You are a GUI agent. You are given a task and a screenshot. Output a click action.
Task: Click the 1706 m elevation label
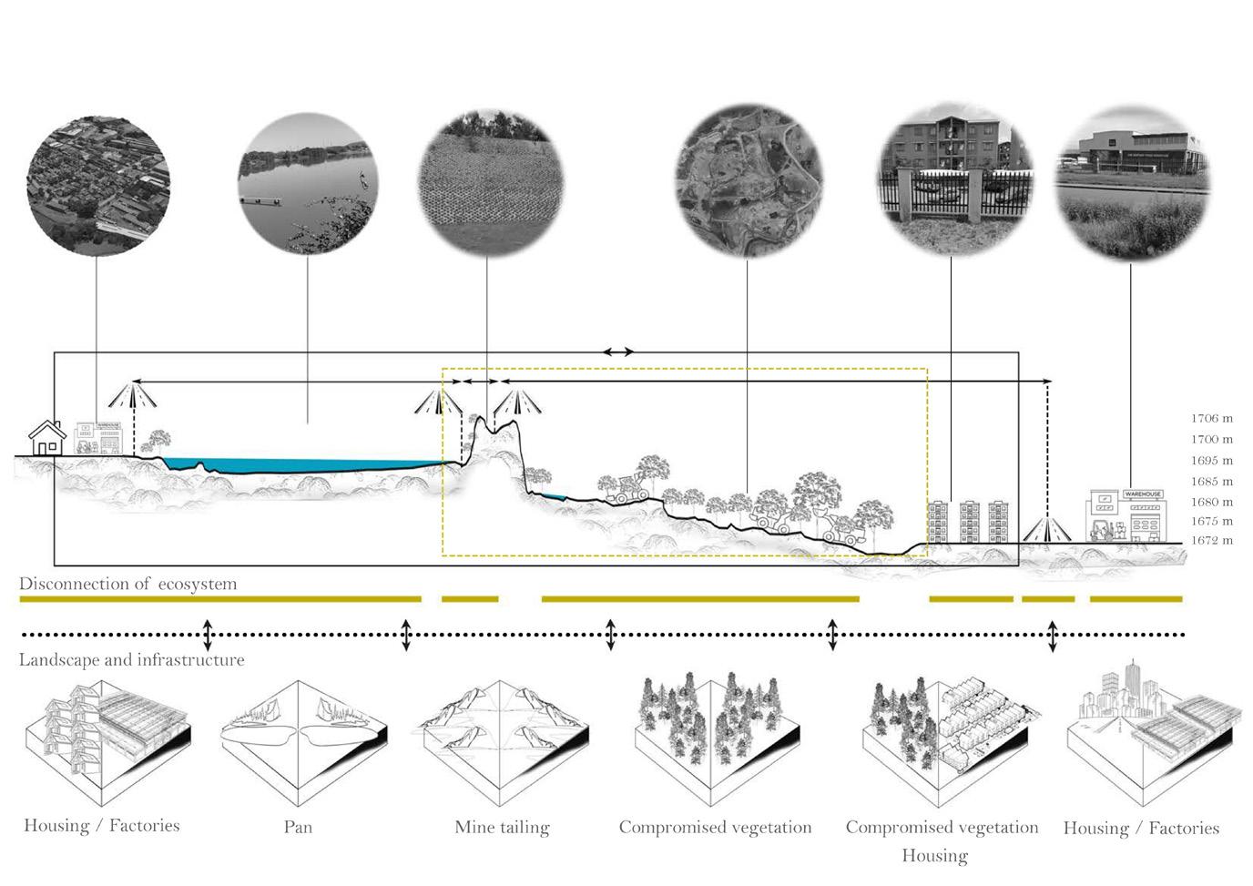pyautogui.click(x=1211, y=419)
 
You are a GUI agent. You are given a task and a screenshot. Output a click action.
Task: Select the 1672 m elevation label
pyautogui.click(x=1211, y=541)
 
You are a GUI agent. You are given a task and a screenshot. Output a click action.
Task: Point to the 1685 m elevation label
pyautogui.click(x=1211, y=482)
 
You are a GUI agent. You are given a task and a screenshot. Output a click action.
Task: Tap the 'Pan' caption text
pyautogui.click(x=298, y=827)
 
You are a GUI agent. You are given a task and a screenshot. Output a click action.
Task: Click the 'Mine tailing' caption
pyautogui.click(x=502, y=828)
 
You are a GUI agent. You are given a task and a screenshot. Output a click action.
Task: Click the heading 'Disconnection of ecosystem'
pyautogui.click(x=127, y=584)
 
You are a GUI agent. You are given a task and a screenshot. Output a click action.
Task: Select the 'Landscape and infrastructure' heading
pyautogui.click(x=131, y=659)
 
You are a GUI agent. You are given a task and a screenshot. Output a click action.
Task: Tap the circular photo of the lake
pyautogui.click(x=307, y=184)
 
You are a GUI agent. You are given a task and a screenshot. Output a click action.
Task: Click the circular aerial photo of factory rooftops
pyautogui.click(x=98, y=184)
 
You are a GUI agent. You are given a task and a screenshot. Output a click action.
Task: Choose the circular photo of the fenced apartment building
pyautogui.click(x=954, y=184)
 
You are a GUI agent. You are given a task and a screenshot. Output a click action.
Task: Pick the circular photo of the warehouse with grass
pyautogui.click(x=1132, y=182)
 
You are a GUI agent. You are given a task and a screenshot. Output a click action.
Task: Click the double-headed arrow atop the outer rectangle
pyautogui.click(x=618, y=351)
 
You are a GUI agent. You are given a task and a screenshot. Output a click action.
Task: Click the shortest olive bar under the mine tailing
pyautogui.click(x=470, y=599)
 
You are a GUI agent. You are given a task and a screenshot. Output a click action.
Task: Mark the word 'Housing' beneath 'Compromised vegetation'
pyautogui.click(x=934, y=855)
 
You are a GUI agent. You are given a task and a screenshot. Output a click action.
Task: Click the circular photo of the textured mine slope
pyautogui.click(x=490, y=184)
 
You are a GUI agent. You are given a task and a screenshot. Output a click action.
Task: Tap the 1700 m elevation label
pyautogui.click(x=1211, y=440)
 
